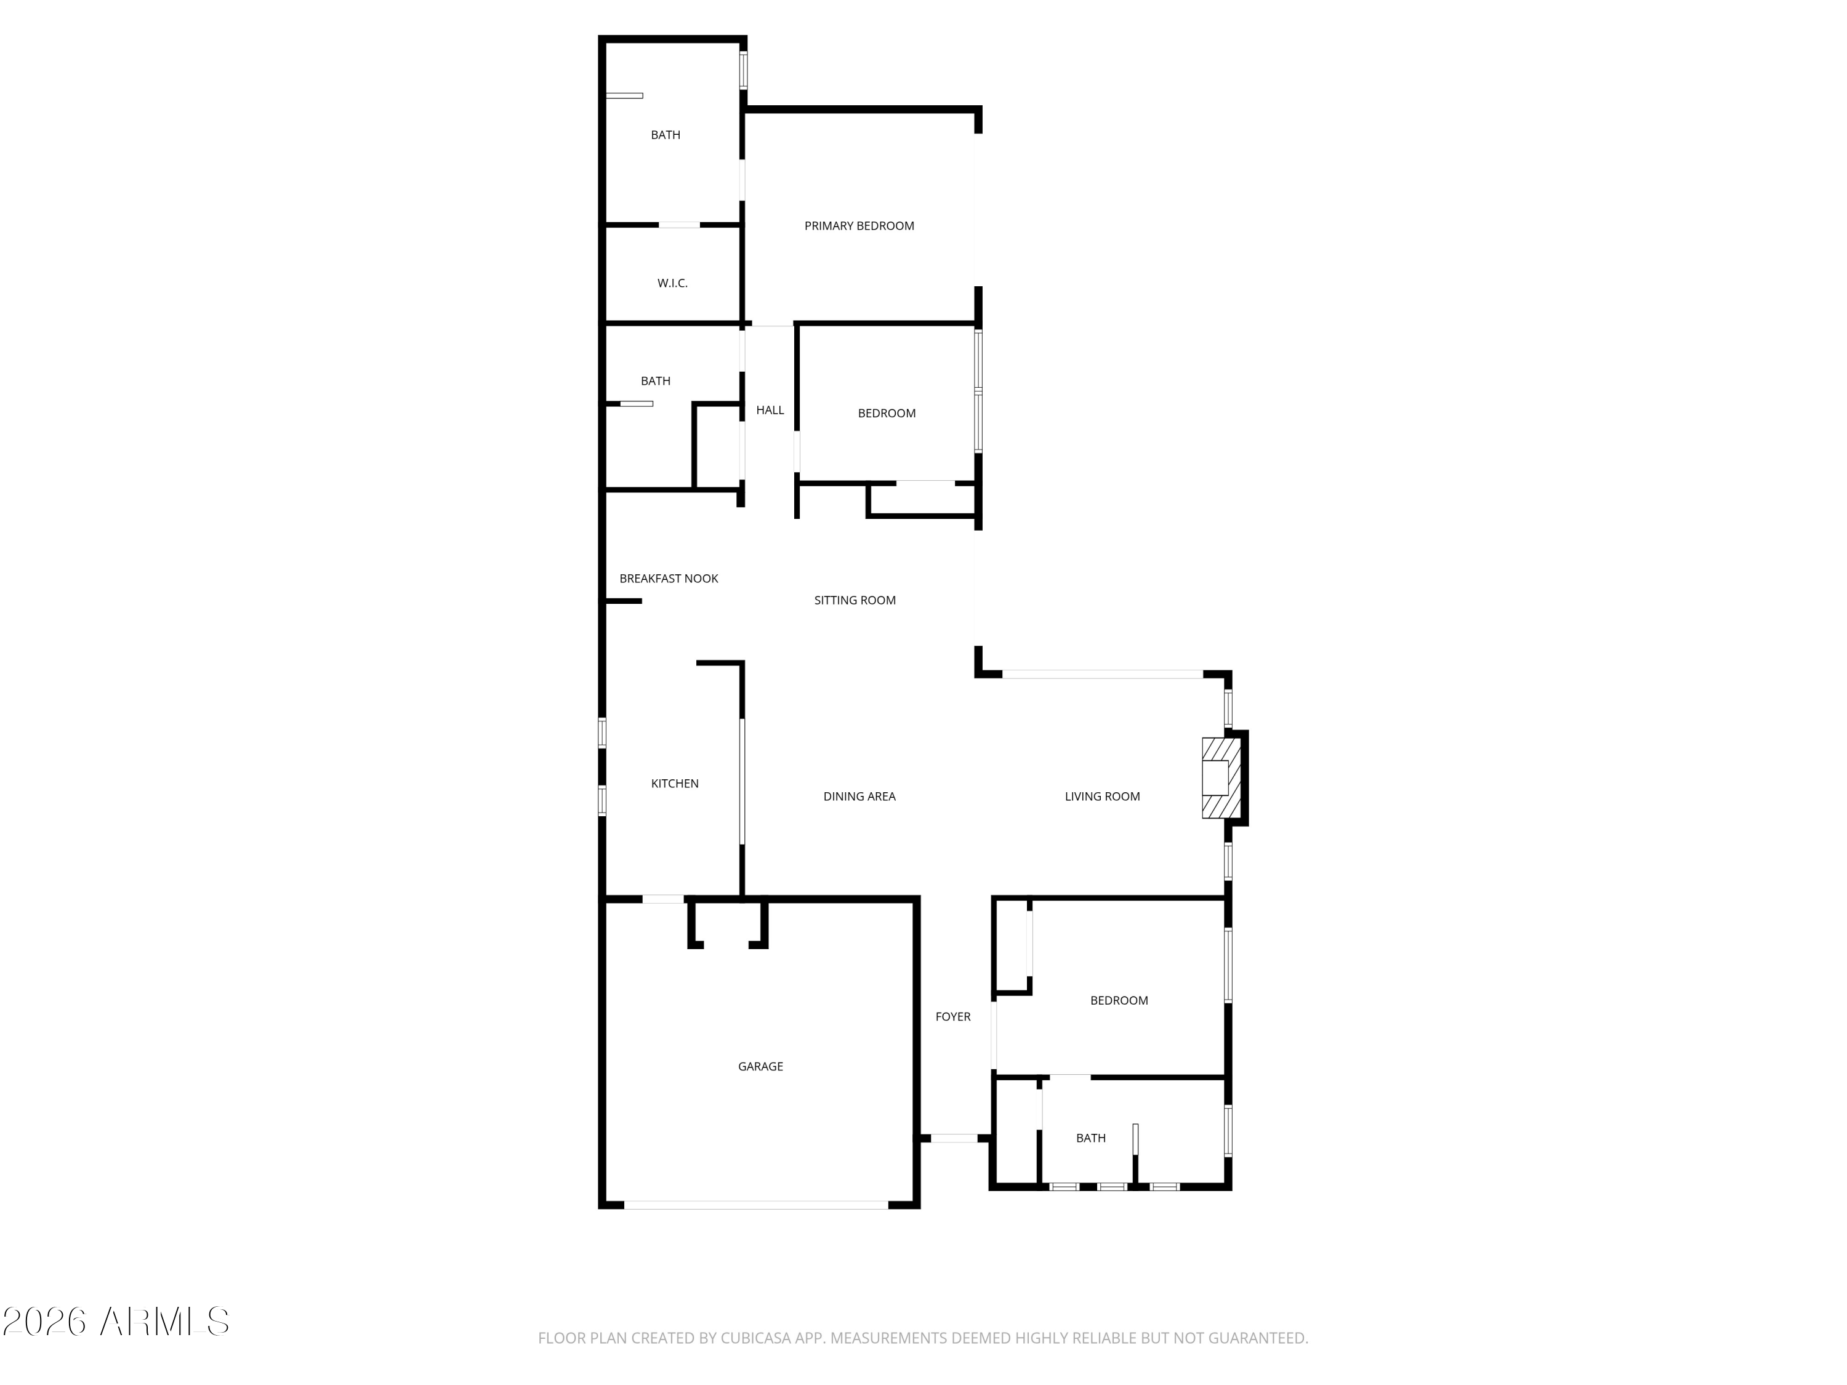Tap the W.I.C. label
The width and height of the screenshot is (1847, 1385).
(x=672, y=283)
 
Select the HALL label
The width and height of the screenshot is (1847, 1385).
(x=770, y=410)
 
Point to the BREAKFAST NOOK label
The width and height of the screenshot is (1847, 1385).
(x=668, y=579)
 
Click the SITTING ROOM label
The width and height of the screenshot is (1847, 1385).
(x=854, y=600)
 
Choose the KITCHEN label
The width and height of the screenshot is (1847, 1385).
(x=675, y=783)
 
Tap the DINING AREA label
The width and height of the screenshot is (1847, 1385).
(x=859, y=797)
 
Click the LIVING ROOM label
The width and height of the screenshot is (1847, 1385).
(x=1102, y=797)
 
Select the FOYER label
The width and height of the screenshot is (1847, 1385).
(x=952, y=1017)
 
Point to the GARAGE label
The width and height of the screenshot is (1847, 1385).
(x=760, y=1066)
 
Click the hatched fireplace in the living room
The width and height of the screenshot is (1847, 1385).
(x=1221, y=778)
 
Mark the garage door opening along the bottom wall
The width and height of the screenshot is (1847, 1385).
(x=755, y=1205)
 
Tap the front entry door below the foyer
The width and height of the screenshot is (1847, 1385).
(x=954, y=1138)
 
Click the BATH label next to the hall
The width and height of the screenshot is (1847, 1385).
(x=656, y=380)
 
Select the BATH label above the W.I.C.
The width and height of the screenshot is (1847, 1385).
(x=666, y=134)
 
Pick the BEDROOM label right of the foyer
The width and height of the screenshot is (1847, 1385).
(x=1119, y=1000)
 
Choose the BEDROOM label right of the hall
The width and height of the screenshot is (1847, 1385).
(x=887, y=413)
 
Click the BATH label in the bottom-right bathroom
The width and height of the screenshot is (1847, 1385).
(x=1090, y=1138)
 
